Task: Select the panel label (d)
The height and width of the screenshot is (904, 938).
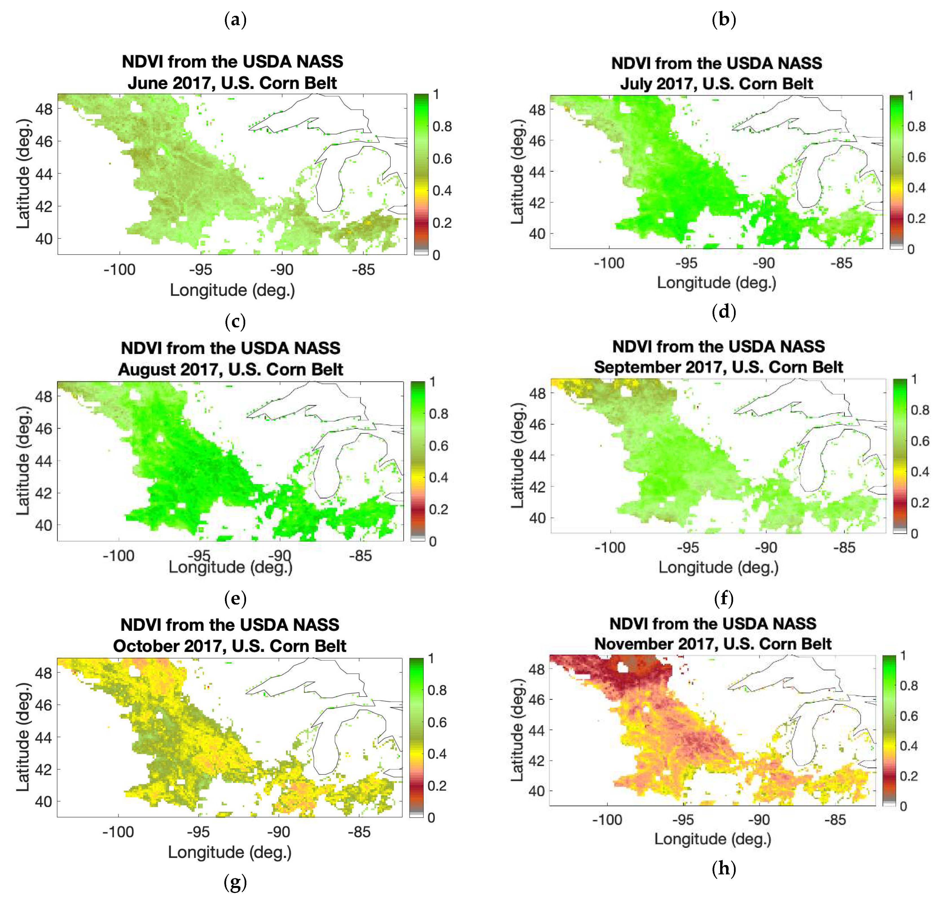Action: (723, 312)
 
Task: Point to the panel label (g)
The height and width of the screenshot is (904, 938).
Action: (235, 882)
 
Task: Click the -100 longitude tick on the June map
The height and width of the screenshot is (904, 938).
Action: (120, 270)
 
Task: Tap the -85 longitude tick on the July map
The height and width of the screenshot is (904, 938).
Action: (841, 263)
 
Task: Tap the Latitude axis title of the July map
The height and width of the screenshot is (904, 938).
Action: (517, 171)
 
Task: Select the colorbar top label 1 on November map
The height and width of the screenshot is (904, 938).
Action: (903, 655)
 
